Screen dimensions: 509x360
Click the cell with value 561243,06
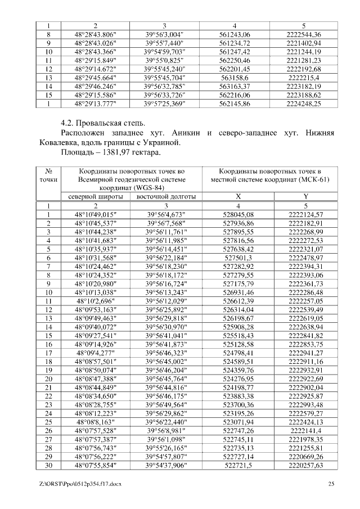tap(235, 34)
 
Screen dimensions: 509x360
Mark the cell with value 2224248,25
tap(304, 103)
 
